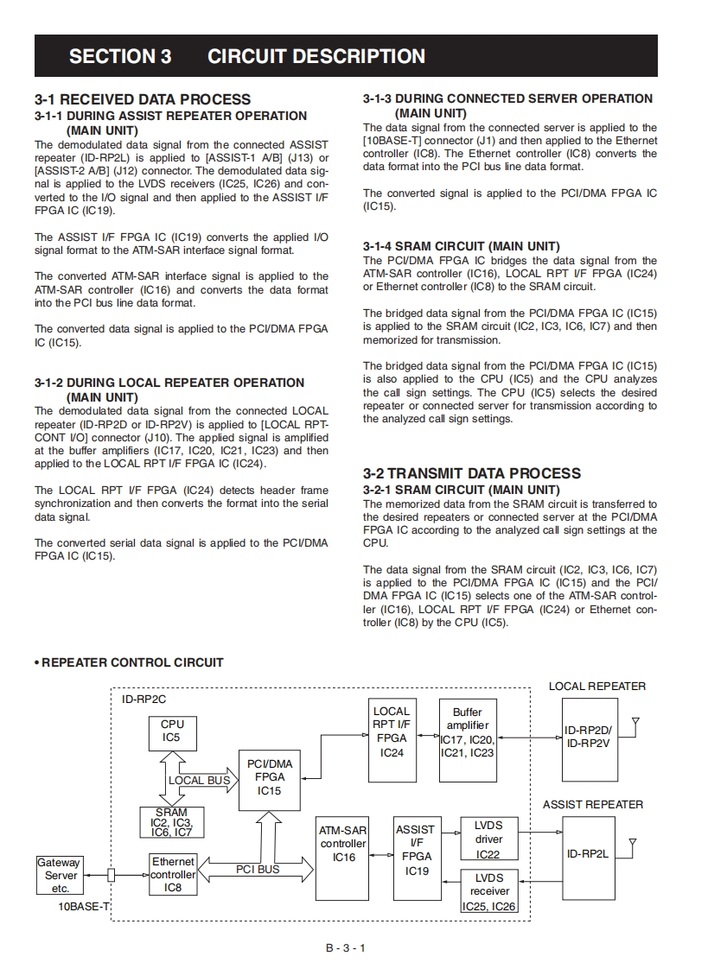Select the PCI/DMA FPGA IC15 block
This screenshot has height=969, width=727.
click(270, 776)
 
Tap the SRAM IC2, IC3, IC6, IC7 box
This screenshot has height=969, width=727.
click(172, 823)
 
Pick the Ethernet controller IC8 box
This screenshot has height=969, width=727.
click(173, 874)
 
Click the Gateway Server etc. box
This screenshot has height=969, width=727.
click(60, 875)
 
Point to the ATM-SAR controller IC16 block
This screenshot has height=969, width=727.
click(343, 856)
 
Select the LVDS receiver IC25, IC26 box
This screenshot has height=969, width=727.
click(489, 891)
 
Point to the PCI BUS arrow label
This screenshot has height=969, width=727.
click(258, 869)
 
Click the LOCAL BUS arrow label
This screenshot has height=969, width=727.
click(199, 780)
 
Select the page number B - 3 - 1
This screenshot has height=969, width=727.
click(346, 948)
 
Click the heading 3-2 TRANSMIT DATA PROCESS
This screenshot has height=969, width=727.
click(472, 472)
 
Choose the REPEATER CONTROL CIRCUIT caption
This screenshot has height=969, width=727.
click(131, 662)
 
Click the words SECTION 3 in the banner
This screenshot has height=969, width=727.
click(120, 57)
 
